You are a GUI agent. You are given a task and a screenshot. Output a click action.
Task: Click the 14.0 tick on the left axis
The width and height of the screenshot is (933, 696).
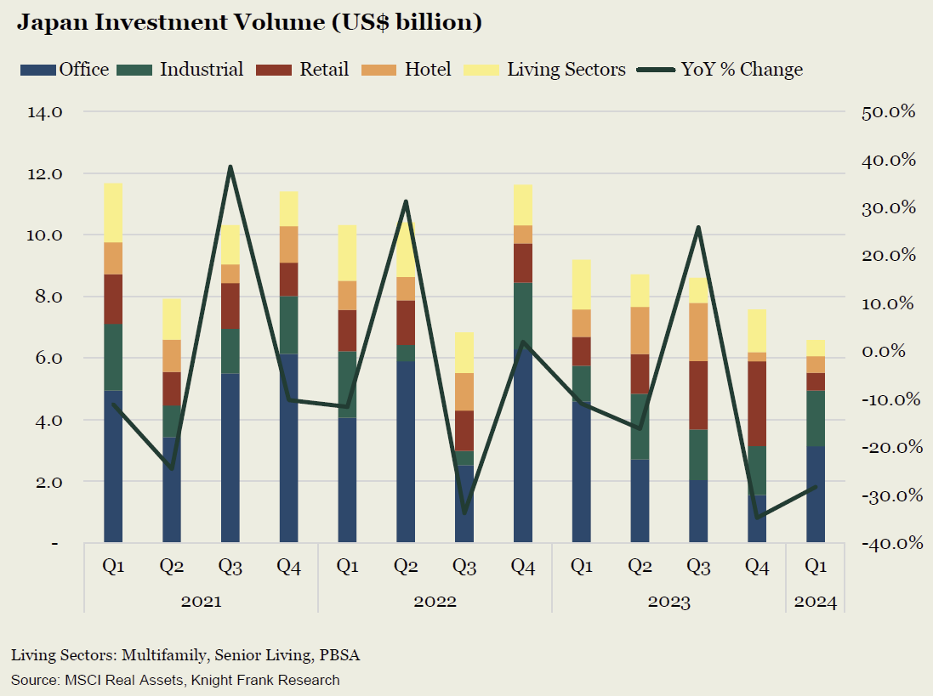pos(44,111)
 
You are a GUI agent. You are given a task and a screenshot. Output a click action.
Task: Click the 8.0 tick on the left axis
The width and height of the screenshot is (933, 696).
pos(45,297)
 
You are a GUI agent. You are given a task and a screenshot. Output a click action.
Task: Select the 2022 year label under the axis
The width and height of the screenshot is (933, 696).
pos(435,602)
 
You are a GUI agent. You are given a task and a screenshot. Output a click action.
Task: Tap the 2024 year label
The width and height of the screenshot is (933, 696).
pos(816,602)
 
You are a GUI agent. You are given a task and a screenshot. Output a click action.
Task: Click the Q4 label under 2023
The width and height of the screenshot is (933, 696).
pos(757,566)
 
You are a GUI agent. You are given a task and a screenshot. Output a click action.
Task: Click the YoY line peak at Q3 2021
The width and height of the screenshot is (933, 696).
pos(230,167)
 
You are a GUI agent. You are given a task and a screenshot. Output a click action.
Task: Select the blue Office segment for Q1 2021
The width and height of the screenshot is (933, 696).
pos(113,466)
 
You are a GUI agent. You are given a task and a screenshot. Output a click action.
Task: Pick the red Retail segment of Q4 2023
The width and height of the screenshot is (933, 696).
pos(757,404)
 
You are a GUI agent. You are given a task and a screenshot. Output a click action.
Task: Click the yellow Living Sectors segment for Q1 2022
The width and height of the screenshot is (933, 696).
pos(347,253)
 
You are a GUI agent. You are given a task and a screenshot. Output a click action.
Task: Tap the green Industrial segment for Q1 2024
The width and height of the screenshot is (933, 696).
pos(816,418)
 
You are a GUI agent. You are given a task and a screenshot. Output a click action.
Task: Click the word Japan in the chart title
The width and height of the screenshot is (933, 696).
pos(53,24)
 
